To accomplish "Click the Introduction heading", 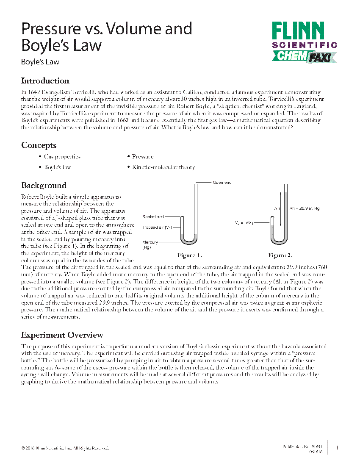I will (x=45, y=81).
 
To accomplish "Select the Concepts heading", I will (x=39, y=145).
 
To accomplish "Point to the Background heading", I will (x=44, y=185).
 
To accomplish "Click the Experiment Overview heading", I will (x=62, y=335).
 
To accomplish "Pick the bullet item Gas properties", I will (x=62, y=157).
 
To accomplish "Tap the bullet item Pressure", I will (x=142, y=157).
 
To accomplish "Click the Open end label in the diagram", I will (x=222, y=183).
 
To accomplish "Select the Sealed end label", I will (x=153, y=216).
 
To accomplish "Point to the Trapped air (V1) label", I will (x=157, y=227).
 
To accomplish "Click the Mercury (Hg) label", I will (x=150, y=244).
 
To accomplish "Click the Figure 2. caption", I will (x=280, y=255).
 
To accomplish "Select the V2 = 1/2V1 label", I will (x=244, y=222).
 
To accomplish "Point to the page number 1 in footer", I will (x=337, y=448).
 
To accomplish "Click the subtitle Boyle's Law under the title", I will (x=40, y=62).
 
